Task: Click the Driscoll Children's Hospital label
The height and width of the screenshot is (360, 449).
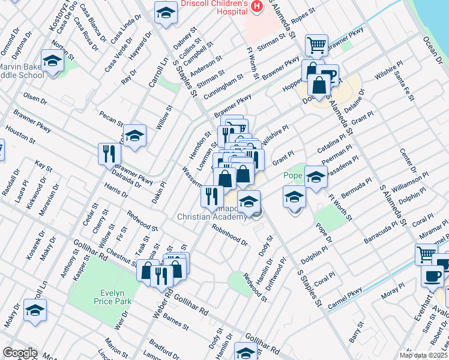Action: click(x=214, y=8)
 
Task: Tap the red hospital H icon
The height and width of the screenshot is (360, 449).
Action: click(x=257, y=6)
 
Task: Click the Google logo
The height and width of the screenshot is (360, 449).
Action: click(x=19, y=353)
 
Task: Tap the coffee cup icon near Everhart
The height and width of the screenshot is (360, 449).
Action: click(x=432, y=276)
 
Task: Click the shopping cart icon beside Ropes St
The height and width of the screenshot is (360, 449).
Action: click(x=316, y=44)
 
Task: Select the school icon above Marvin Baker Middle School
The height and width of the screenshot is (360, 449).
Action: click(x=53, y=62)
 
